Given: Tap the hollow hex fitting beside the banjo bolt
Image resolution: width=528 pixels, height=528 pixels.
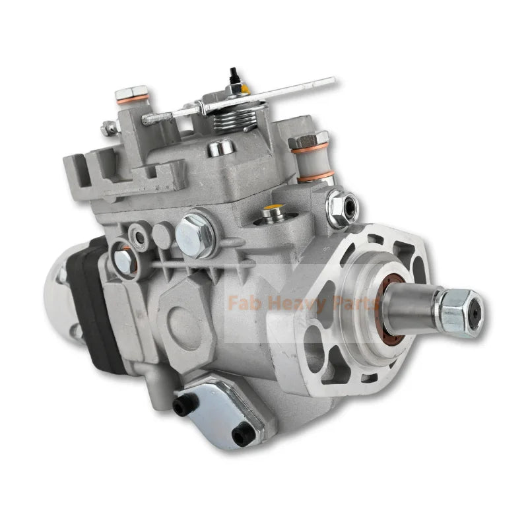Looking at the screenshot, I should coord(338,203).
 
